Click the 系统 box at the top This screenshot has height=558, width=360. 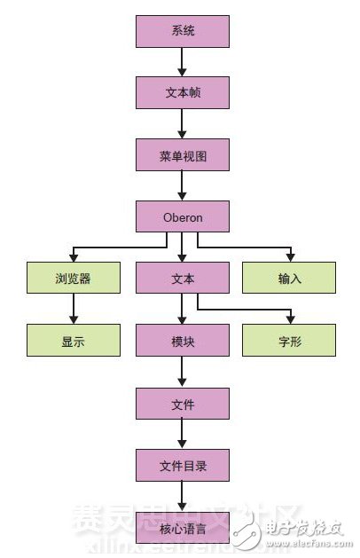(183, 32)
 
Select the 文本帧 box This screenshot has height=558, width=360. (183, 92)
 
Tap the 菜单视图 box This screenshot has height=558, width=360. (183, 154)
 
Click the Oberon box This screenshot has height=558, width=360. (183, 216)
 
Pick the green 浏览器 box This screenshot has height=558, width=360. (74, 279)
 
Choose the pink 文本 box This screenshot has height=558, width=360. (183, 279)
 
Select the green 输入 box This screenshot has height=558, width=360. (289, 279)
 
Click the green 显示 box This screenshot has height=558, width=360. (74, 341)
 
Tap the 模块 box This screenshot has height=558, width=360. (183, 341)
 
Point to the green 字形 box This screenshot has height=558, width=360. (289, 341)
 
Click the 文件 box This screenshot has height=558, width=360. (183, 403)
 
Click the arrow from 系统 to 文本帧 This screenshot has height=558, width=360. (183, 62)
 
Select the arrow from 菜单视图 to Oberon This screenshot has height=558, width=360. (183, 185)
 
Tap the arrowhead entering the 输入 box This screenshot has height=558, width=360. (289, 257)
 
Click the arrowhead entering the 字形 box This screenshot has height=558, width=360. (289, 319)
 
